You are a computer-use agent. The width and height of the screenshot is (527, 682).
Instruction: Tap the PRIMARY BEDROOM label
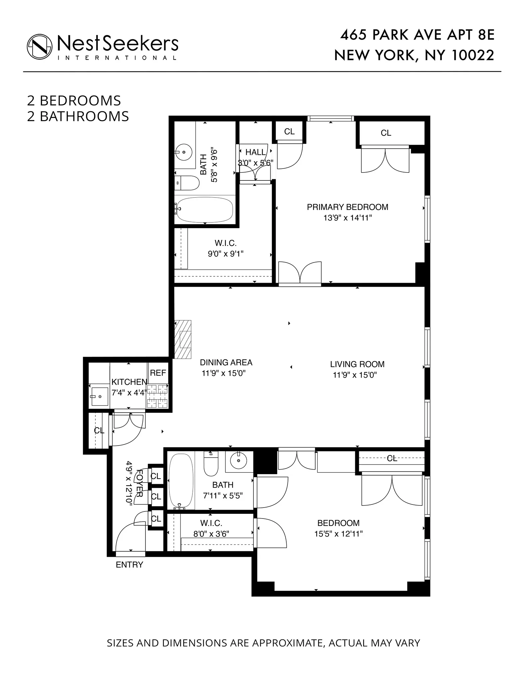click(347, 207)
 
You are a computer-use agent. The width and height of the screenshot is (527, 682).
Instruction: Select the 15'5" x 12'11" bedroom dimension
click(338, 534)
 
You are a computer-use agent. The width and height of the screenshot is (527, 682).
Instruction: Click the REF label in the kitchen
click(158, 373)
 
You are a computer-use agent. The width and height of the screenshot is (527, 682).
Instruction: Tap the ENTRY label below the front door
click(129, 565)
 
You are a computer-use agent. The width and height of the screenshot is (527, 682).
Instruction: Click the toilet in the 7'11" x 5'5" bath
click(210, 464)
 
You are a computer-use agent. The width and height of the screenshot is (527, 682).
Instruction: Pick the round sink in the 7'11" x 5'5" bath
click(239, 461)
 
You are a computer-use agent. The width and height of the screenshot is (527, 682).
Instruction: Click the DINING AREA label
click(226, 362)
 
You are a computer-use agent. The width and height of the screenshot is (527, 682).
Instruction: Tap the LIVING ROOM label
click(357, 364)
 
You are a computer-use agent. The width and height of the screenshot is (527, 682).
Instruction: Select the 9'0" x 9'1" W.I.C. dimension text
click(225, 254)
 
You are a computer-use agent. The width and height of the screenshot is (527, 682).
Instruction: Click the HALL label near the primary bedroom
click(255, 153)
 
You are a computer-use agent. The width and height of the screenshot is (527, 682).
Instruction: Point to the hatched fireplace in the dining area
click(183, 339)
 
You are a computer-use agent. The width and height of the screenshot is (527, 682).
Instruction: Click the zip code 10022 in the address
click(473, 55)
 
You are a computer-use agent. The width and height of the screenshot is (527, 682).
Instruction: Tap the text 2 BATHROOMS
click(78, 117)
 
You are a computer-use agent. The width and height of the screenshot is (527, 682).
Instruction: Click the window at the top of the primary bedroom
click(330, 118)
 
